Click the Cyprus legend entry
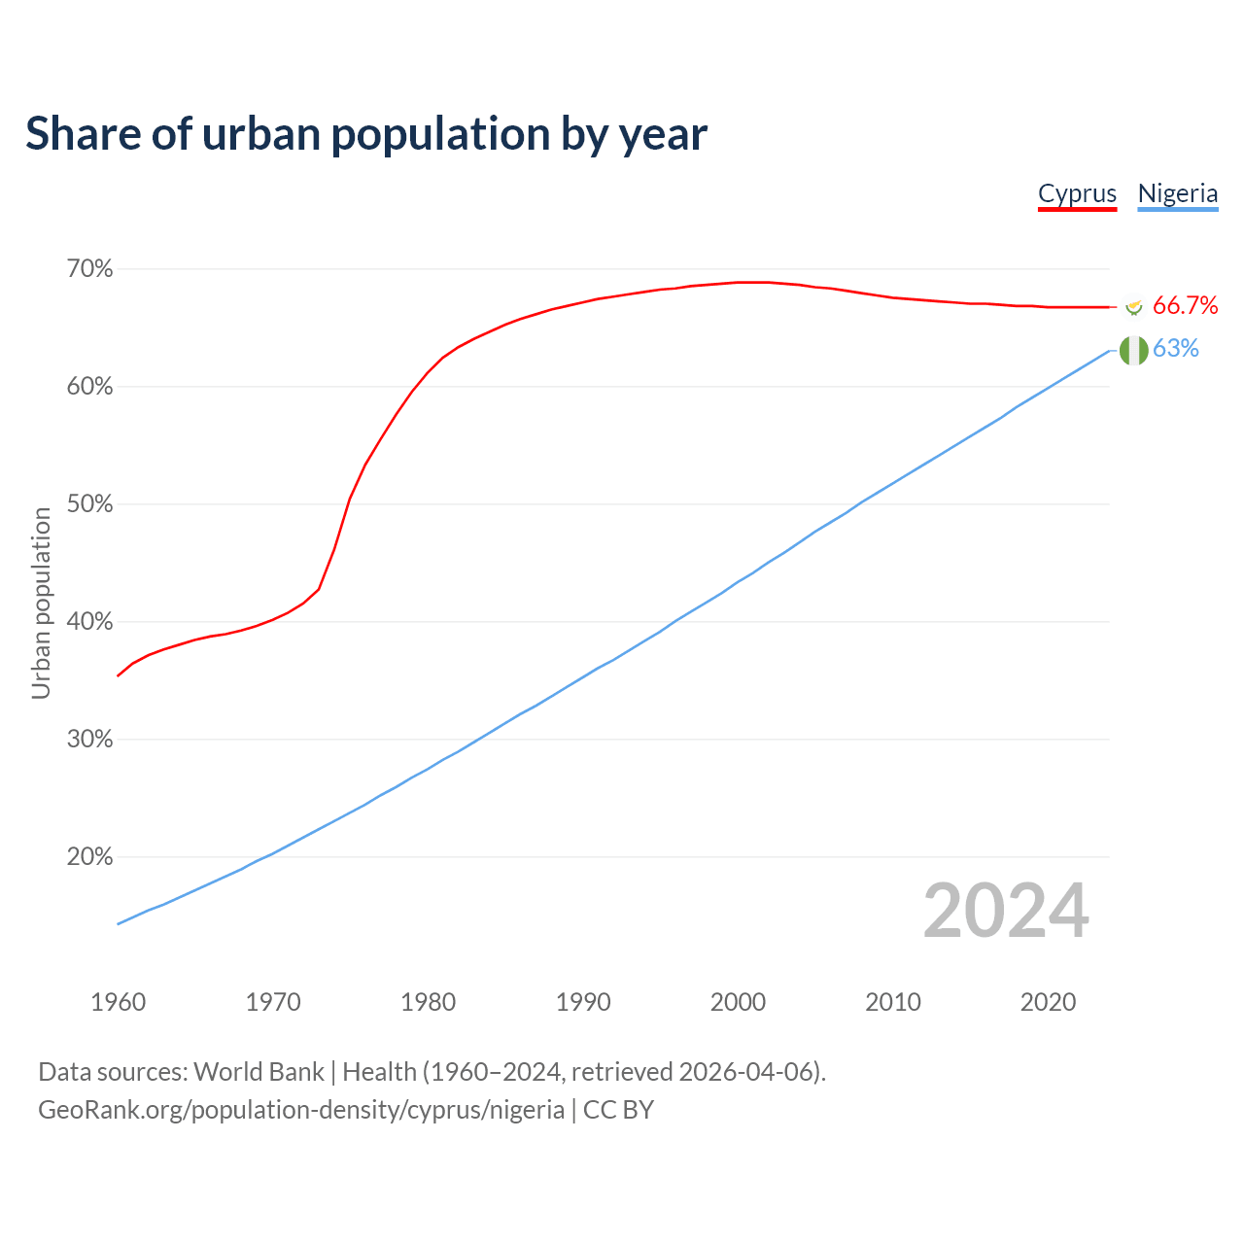pyautogui.click(x=1077, y=193)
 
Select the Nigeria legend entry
pyautogui.click(x=1178, y=193)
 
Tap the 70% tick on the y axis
pyautogui.click(x=90, y=269)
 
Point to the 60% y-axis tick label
pyautogui.click(x=90, y=387)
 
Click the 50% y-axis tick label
pyautogui.click(x=90, y=504)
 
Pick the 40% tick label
pyautogui.click(x=90, y=622)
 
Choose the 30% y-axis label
pyautogui.click(x=90, y=740)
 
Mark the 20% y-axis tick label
pyautogui.click(x=90, y=857)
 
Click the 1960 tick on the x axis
pyautogui.click(x=119, y=1002)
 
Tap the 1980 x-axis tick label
pyautogui.click(x=429, y=1002)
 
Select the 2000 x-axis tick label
pyautogui.click(x=739, y=1002)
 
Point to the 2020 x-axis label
pyautogui.click(x=1048, y=1002)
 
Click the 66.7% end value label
pyautogui.click(x=1185, y=306)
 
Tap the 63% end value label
pyautogui.click(x=1176, y=349)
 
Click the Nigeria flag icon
pyautogui.click(x=1133, y=350)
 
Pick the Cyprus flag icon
pyautogui.click(x=1133, y=307)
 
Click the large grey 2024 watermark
pyautogui.click(x=1006, y=911)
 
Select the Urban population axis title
pyautogui.click(x=41, y=603)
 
